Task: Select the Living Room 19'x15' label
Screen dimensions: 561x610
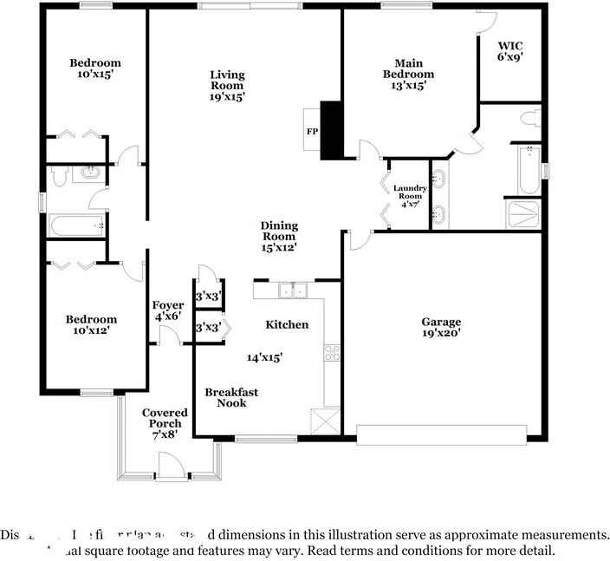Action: point(227,86)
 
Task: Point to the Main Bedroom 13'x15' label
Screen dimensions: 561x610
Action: point(408,75)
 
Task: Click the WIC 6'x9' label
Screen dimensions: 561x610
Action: point(509,50)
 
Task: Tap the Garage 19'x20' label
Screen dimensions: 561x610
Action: point(441,327)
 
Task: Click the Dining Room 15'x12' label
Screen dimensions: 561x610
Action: point(279,236)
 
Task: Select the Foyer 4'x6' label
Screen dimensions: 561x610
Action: point(168,311)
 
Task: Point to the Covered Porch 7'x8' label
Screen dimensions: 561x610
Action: point(162,423)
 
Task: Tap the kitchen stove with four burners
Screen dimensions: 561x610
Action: point(332,353)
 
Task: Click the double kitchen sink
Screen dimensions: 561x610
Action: point(295,290)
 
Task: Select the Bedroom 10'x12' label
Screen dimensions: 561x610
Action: point(91,324)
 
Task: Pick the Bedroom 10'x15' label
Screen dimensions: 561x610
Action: point(95,68)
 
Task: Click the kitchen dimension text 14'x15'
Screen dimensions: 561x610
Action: point(264,356)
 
